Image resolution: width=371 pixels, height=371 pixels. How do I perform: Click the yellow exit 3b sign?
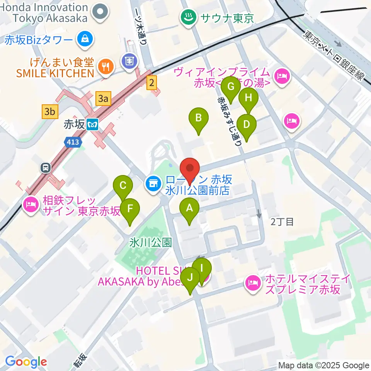coord(49,112)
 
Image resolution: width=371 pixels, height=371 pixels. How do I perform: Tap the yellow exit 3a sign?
coord(102,99)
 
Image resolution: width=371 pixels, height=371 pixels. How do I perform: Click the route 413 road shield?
coord(73,142)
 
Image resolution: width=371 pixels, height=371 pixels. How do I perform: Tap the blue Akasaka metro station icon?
coord(93,124)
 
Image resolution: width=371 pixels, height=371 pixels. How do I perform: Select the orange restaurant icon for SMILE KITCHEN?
coord(105,66)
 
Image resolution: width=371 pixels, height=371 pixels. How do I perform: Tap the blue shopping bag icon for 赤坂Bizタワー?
coord(83,39)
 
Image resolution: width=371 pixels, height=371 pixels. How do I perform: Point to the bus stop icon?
coord(46,168)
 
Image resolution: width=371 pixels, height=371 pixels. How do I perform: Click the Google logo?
coord(26,362)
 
